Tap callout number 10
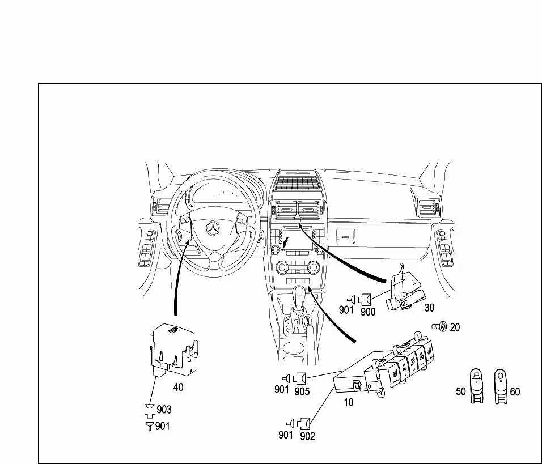coord(349,402)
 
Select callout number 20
coord(455,327)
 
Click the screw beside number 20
coord(439,326)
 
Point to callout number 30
coord(429,308)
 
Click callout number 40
coord(179,388)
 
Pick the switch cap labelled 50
coord(477,386)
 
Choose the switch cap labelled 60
coord(501,386)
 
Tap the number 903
coord(164,410)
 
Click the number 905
coord(302,391)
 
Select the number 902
coord(308,436)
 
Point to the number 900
coord(368,312)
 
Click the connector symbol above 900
coord(365,299)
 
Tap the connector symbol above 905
coord(299,378)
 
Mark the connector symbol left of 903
coord(150,411)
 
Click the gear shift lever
coord(299,304)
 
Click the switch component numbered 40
coord(174,350)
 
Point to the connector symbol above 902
coord(304,423)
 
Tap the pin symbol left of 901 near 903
coord(150,427)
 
